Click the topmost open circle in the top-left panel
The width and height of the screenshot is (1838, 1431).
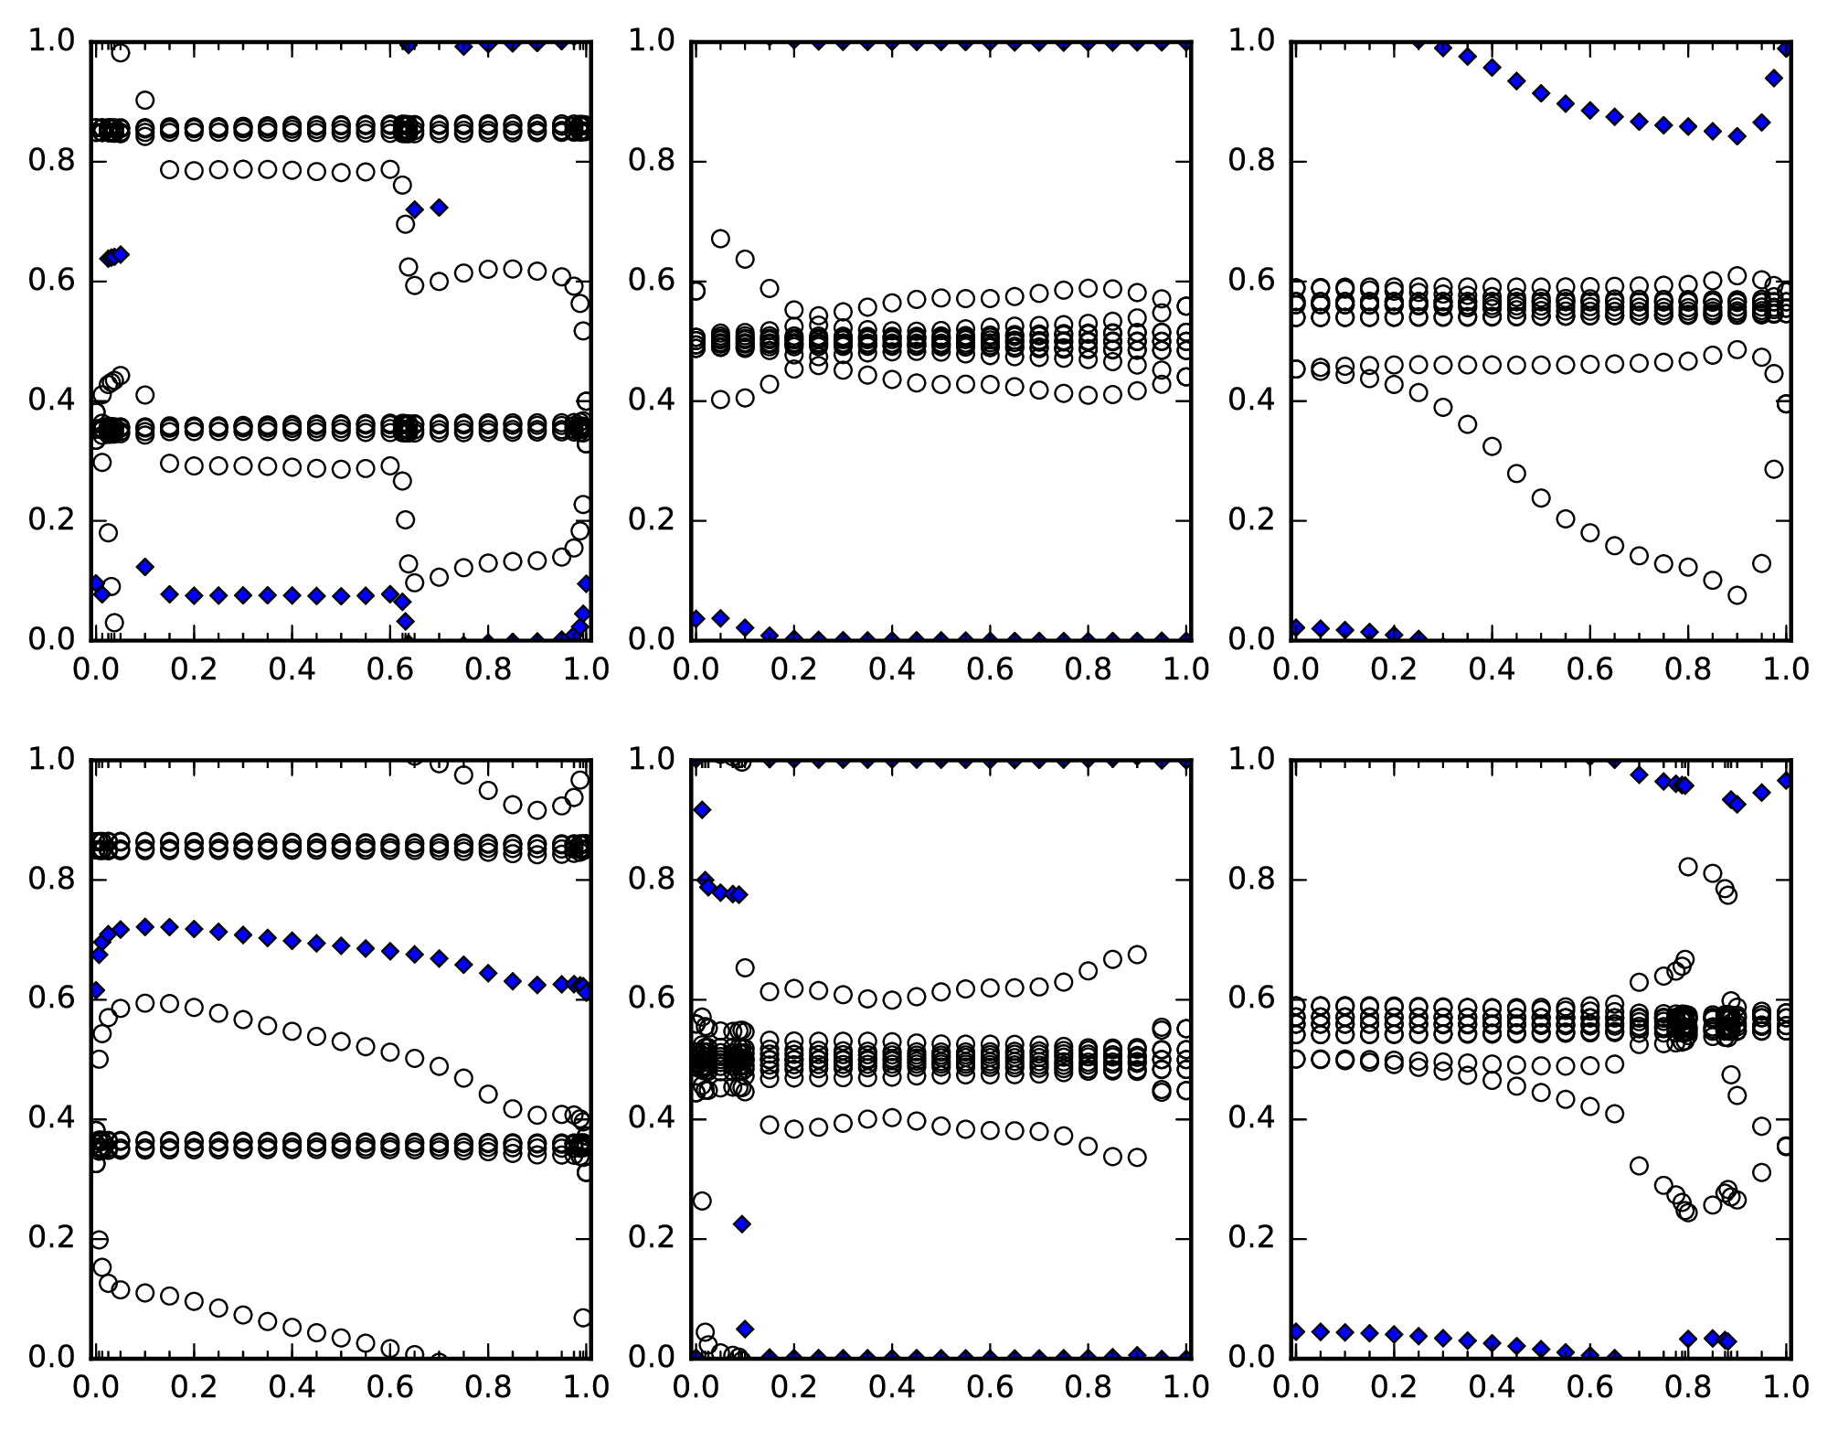pyautogui.click(x=120, y=52)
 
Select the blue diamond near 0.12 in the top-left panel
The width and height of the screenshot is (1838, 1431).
pyautogui.click(x=144, y=566)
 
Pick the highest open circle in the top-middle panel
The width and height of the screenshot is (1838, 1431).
pyautogui.click(x=720, y=239)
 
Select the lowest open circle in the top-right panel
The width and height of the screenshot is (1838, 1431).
pyautogui.click(x=1737, y=595)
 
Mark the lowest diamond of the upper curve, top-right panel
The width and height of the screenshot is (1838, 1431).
pyautogui.click(x=1737, y=136)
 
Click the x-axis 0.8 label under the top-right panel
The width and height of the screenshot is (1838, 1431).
pyautogui.click(x=1691, y=669)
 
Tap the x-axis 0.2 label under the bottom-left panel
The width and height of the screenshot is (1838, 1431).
pyautogui.click(x=193, y=1387)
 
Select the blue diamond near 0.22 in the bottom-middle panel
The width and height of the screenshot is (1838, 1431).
pyautogui.click(x=741, y=1223)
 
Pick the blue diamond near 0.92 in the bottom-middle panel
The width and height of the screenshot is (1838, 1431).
pyautogui.click(x=701, y=809)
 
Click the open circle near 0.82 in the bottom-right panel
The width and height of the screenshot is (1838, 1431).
pyautogui.click(x=1688, y=866)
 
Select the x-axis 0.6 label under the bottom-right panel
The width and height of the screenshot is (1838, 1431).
pyautogui.click(x=1591, y=1387)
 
